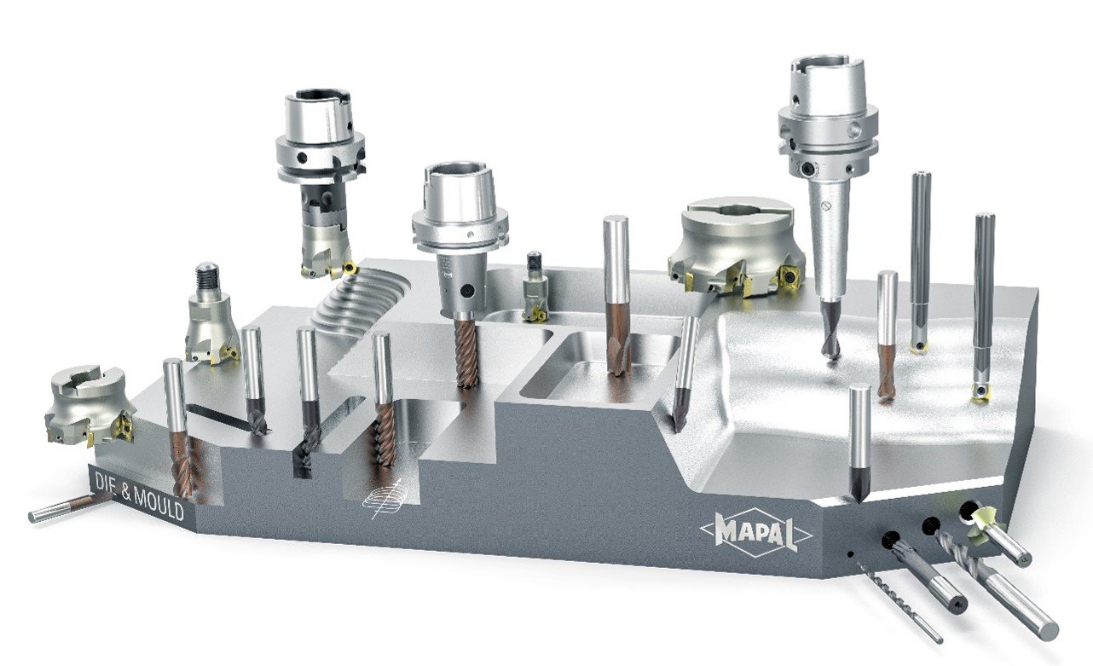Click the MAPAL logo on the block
click(756, 533)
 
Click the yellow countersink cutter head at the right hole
click(981, 528)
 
